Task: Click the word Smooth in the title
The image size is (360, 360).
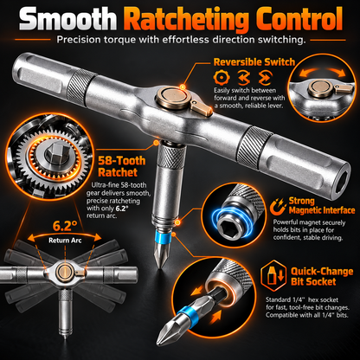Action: [67, 18]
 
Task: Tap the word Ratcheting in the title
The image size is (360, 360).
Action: [188, 20]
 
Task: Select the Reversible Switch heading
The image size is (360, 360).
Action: [254, 62]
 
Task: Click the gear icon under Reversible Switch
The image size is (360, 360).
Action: [222, 77]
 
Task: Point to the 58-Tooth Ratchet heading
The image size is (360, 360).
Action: [122, 166]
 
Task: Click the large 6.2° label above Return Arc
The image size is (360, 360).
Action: [65, 226]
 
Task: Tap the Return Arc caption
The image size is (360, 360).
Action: [65, 241]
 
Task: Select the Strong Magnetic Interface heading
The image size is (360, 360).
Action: [322, 205]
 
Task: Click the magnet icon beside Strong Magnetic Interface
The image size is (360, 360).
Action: [278, 207]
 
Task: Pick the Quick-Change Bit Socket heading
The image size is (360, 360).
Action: [322, 276]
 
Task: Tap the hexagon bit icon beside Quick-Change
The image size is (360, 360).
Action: [273, 276]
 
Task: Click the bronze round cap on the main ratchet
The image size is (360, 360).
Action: [174, 98]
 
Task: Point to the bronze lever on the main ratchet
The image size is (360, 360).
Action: [202, 108]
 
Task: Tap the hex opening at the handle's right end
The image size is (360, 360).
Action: [342, 183]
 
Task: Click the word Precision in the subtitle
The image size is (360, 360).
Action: [79, 40]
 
